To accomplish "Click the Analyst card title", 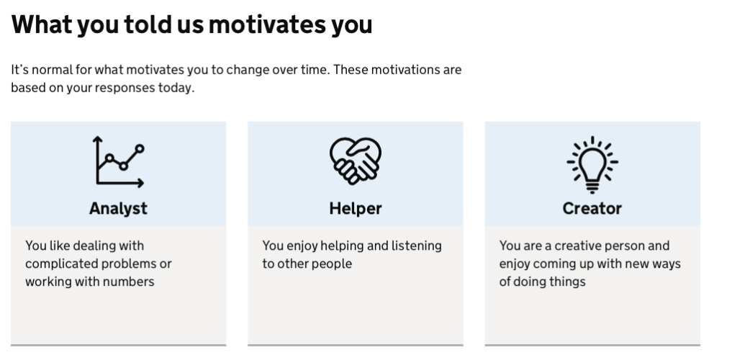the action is coord(118,209).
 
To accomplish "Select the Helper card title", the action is coord(356,209).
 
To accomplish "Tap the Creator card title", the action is coord(592,209).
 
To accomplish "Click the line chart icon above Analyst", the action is coord(119,162).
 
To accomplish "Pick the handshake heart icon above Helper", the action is coord(356,161).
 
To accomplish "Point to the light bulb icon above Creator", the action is coord(592,164).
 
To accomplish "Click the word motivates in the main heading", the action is coord(267,24).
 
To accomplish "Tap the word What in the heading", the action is coord(41,24).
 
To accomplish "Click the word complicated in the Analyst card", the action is coord(60,264).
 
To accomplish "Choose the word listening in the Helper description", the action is coord(417,246).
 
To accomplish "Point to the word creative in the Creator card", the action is coord(577,246).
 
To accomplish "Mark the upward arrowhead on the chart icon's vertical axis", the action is coord(97,139).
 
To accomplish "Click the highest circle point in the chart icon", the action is coord(140,149).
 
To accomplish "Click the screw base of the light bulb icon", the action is coord(592,188).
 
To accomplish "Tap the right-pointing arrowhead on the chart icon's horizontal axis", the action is coord(141,184).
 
